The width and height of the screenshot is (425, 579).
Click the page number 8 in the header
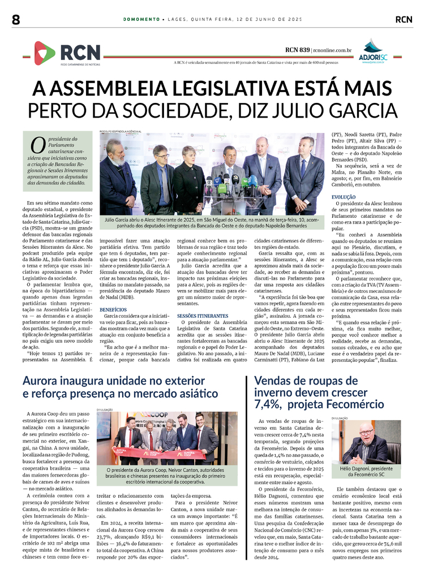point(15,20)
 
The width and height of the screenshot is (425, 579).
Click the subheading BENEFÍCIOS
point(113,310)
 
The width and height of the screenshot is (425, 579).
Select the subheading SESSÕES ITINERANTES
point(203,316)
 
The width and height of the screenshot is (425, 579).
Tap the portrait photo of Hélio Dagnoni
point(365,441)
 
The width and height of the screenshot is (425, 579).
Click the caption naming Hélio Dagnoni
point(365,472)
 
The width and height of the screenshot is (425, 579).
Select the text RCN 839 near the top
point(297,50)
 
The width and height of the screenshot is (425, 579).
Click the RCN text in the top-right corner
point(403,19)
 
